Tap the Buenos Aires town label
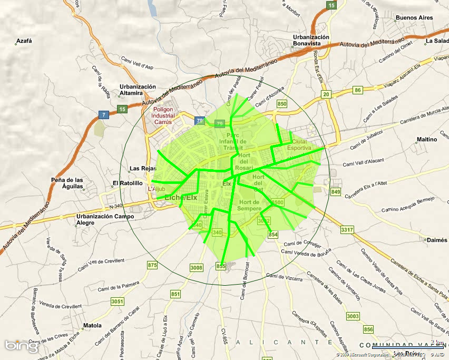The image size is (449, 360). tap(414, 18)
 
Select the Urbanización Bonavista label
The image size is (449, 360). tap(311, 41)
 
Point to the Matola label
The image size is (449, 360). tap(92, 325)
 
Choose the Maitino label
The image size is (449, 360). tap(427, 140)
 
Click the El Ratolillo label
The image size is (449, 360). tap(128, 183)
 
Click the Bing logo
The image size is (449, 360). tap(22, 346)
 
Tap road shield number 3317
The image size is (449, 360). tap(347, 230)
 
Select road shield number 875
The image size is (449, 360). tap(153, 265)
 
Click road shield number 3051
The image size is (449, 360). tap(118, 301)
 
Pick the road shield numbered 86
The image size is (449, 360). tap(358, 90)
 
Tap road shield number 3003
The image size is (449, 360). tap(353, 316)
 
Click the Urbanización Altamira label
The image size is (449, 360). tap(138, 90)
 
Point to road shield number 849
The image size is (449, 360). tap(336, 192)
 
